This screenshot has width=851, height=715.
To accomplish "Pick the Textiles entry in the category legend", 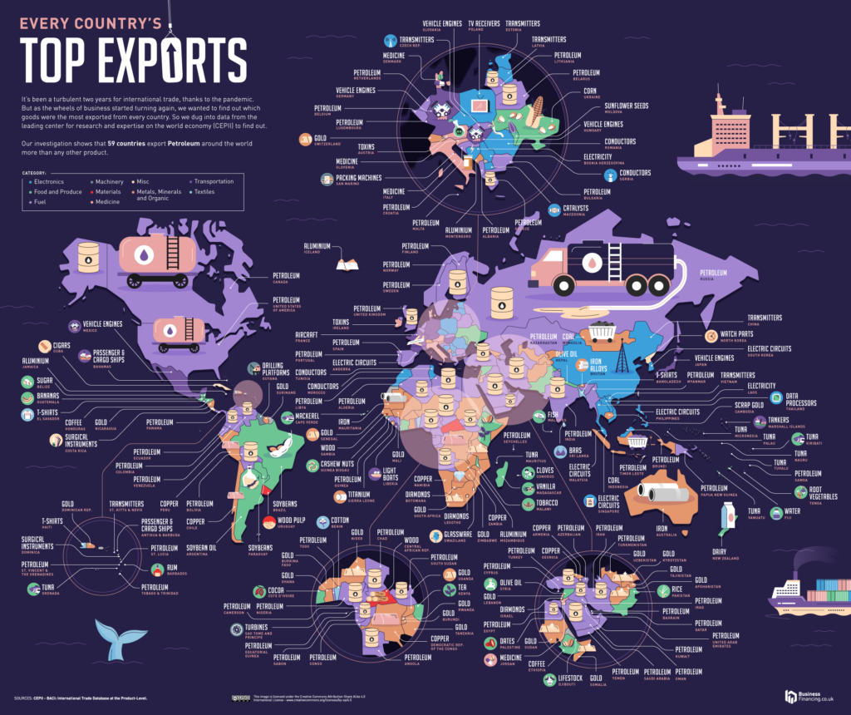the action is click(203, 192).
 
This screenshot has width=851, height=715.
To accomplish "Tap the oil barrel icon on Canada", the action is click(87, 254).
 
